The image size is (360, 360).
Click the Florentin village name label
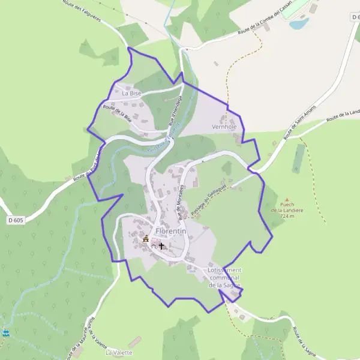click(x=170, y=230)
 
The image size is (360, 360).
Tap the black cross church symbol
click(x=161, y=246)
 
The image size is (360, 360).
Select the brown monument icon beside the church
click(x=146, y=239)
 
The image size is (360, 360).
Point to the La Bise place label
click(x=131, y=94)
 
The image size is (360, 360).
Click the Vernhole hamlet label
click(x=224, y=127)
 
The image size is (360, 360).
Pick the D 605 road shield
click(x=16, y=220)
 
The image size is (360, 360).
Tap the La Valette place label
click(x=115, y=353)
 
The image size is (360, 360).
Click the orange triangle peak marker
click(x=287, y=200)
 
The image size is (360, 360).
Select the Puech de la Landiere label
click(x=287, y=210)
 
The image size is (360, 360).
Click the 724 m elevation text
click(x=287, y=217)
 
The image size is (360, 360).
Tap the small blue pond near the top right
click(x=298, y=24)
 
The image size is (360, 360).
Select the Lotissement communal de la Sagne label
click(x=225, y=278)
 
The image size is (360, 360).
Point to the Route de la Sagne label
click(x=305, y=341)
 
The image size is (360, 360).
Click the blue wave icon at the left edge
click(x=6, y=332)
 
